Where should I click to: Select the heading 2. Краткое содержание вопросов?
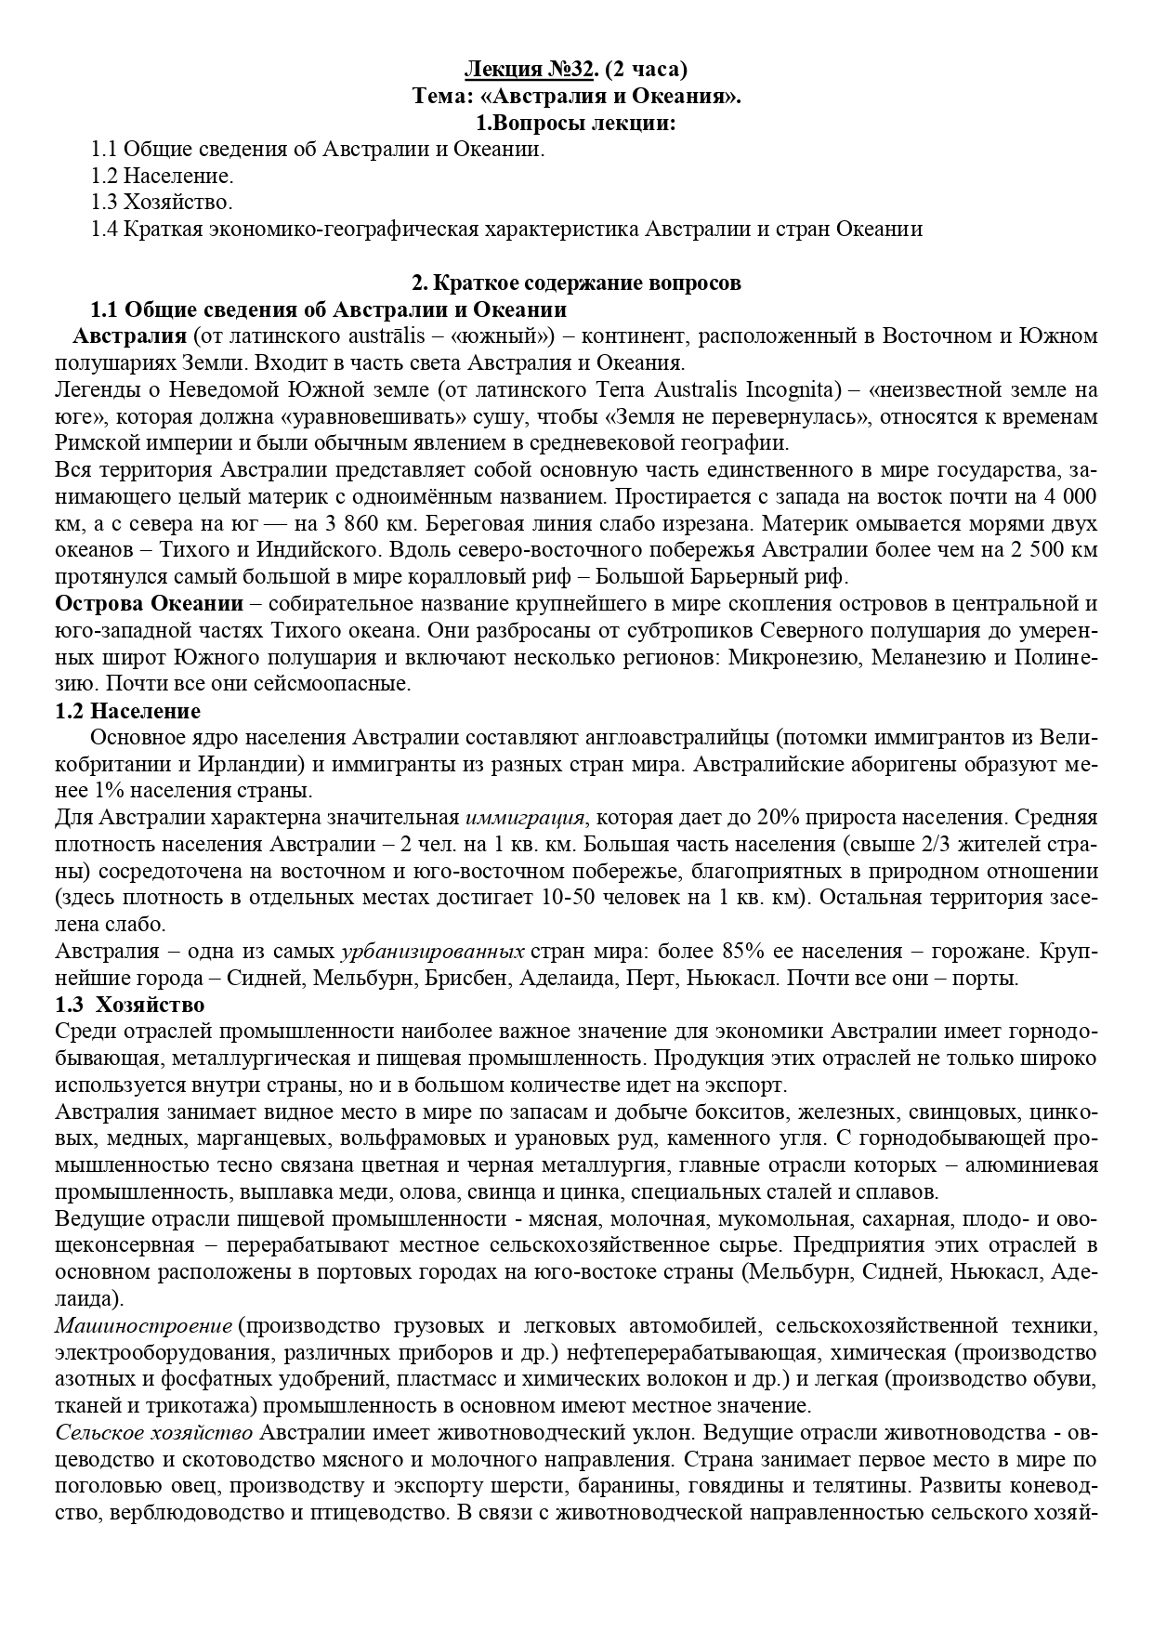tap(576, 283)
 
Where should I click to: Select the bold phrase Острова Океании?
tap(149, 604)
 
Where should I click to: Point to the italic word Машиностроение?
tap(143, 1325)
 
